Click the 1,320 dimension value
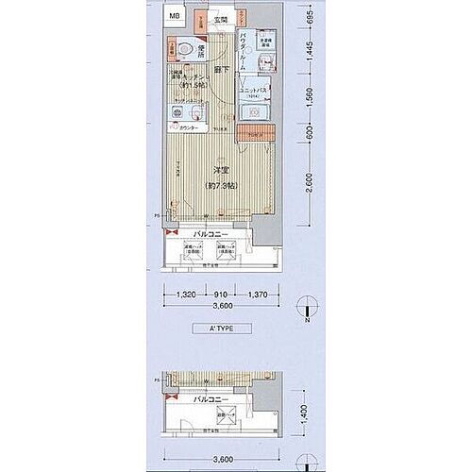tap(186, 294)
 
